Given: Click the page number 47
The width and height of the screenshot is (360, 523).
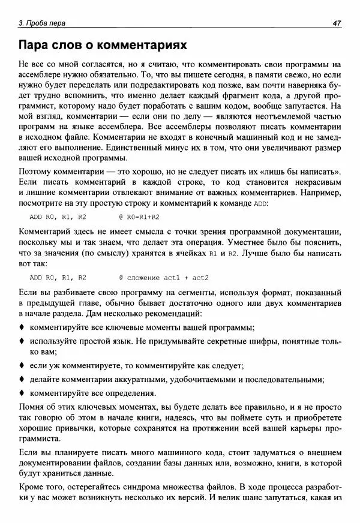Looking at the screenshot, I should click(x=337, y=23).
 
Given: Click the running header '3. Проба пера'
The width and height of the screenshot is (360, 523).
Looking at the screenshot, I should click(x=42, y=23).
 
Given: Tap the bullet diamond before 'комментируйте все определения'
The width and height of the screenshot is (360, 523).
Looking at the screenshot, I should click(x=22, y=393).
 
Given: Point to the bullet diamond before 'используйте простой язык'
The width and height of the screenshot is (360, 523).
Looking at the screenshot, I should click(x=22, y=341).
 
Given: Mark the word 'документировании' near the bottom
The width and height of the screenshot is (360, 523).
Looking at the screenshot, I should click(x=57, y=461).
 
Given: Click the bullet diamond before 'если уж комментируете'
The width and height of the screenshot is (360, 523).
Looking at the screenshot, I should click(x=22, y=365).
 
